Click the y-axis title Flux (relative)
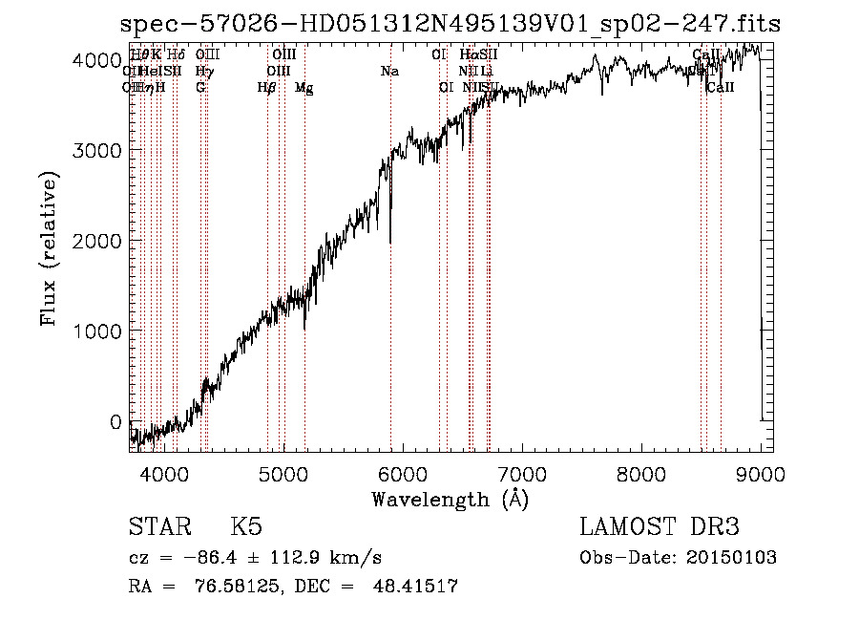[x=49, y=248]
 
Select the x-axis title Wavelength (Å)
[x=450, y=499]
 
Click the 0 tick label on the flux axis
[x=115, y=420]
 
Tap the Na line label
[x=388, y=71]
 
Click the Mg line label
[x=304, y=88]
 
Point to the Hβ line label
[x=266, y=88]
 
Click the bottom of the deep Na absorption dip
[x=390, y=242]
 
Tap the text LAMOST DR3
[x=660, y=527]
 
